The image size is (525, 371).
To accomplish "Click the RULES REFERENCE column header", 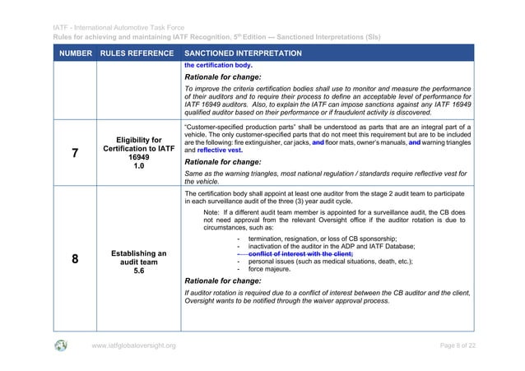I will click(135, 53).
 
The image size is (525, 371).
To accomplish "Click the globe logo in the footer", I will click(61, 345).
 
